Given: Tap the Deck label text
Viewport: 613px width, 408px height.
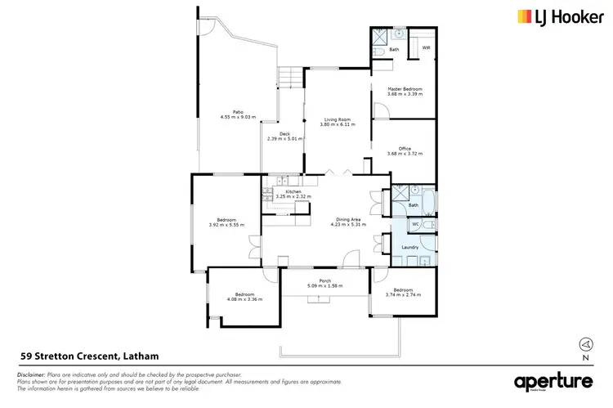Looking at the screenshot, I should (x=284, y=134).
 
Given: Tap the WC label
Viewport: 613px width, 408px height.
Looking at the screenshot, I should (x=415, y=224).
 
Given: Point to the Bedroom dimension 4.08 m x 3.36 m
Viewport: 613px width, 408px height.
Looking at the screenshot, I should (x=245, y=298).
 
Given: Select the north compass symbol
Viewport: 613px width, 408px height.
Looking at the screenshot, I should (x=584, y=344).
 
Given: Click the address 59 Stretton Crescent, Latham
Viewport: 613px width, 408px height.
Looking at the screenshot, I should (x=88, y=356).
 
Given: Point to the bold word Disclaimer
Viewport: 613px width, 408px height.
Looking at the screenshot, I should (x=31, y=374).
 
